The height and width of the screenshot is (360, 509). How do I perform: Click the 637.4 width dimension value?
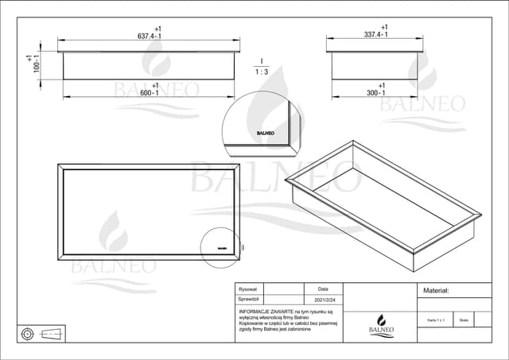(149, 37)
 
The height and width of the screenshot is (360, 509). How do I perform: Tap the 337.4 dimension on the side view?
(375, 36)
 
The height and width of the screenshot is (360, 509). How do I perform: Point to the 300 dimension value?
(375, 93)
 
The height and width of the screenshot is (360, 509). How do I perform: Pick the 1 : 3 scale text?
(261, 72)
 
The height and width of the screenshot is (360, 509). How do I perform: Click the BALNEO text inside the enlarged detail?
(265, 134)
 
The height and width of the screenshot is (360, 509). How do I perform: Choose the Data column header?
(323, 290)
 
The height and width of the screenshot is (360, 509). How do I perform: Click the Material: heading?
(436, 291)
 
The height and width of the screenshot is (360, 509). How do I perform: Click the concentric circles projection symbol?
(28, 333)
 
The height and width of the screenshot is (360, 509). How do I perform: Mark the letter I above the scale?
(261, 60)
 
